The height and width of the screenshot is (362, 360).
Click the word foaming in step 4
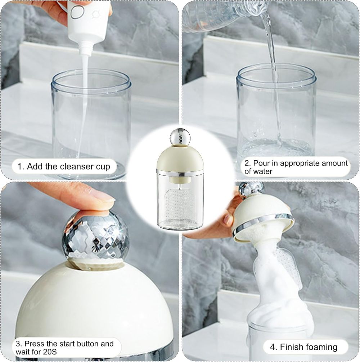(x=320, y=347)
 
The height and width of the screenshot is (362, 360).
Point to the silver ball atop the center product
(x=180, y=137)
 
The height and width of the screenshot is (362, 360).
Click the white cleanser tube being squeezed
(x=88, y=23)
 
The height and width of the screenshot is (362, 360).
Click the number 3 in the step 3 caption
(x=18, y=344)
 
